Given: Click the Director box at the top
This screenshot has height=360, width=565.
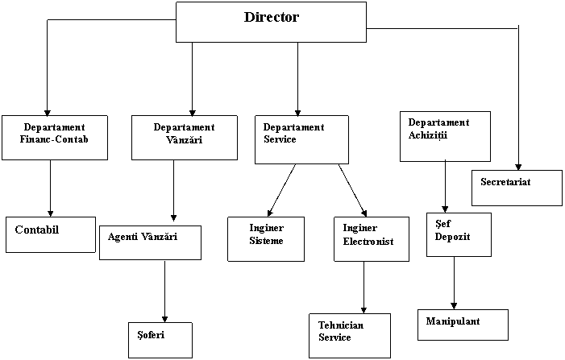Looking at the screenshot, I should click(271, 23).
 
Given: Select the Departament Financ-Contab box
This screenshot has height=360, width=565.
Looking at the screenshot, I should click(54, 138).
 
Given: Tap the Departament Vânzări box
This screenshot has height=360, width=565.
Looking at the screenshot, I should click(184, 138).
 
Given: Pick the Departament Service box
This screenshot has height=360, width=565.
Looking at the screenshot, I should click(301, 139).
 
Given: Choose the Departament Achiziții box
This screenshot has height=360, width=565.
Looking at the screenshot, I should click(445, 136).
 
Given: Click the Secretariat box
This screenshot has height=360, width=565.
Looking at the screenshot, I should click(517, 188).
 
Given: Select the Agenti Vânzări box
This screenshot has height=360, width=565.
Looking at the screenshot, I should click(150, 242).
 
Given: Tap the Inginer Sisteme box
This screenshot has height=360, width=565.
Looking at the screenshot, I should click(266, 238).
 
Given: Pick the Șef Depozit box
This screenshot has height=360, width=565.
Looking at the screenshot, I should click(459, 234).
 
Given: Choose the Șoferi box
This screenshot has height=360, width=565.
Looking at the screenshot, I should click(160, 340).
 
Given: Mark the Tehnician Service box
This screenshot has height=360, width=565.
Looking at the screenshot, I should click(349, 336).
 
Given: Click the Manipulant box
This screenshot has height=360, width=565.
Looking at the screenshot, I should click(463, 325).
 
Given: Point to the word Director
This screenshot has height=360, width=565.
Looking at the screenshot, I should click(271, 17).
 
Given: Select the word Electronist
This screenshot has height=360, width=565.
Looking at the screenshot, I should click(368, 242).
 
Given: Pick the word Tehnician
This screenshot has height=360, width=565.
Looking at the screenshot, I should click(341, 325).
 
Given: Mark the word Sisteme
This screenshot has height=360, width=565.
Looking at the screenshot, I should click(266, 241).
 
